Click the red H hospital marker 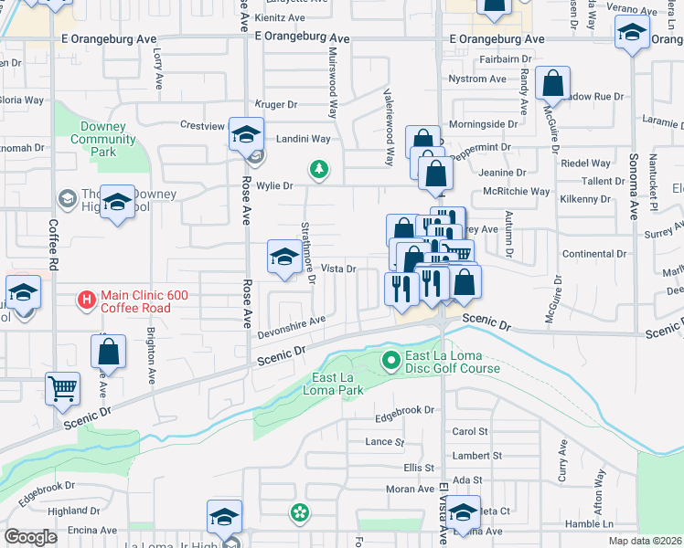pyautogui.click(x=86, y=299)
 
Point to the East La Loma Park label pyautogui.click(x=337, y=384)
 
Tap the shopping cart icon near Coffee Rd pyautogui.click(x=62, y=388)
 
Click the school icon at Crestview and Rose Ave pyautogui.click(x=245, y=134)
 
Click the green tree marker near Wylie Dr pyautogui.click(x=318, y=169)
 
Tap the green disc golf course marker pyautogui.click(x=391, y=361)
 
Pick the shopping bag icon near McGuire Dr pyautogui.click(x=553, y=84)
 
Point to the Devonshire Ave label pyautogui.click(x=292, y=321)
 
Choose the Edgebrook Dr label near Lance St pyautogui.click(x=405, y=410)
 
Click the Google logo pyautogui.click(x=30, y=537)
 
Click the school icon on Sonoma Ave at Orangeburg pyautogui.click(x=632, y=35)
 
